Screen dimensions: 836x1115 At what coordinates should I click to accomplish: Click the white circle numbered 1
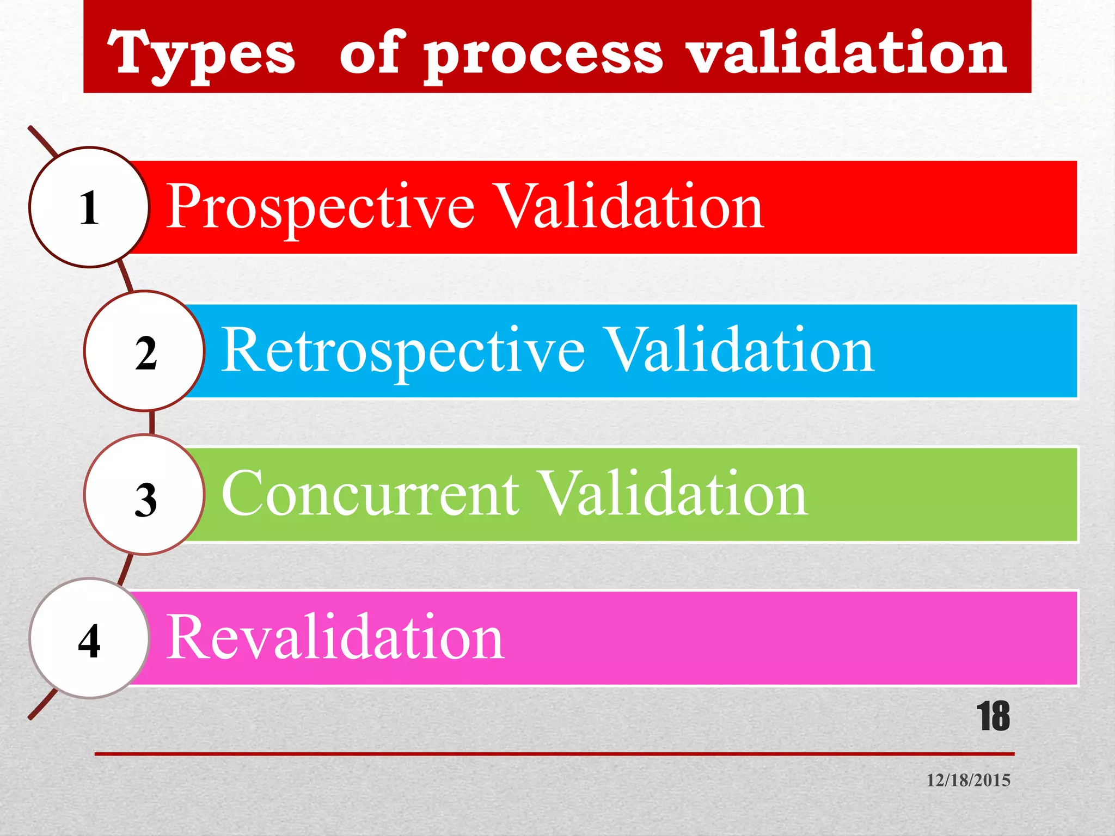tap(89, 207)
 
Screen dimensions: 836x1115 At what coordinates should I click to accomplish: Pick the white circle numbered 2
tap(145, 351)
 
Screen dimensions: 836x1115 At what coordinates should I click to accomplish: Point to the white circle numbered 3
tap(145, 495)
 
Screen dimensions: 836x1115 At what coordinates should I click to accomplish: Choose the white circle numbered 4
tap(89, 638)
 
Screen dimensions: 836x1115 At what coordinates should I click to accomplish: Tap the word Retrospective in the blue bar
tap(403, 351)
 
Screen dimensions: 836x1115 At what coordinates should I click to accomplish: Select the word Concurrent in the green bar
tap(370, 494)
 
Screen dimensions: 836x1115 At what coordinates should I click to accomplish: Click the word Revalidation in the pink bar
tap(335, 637)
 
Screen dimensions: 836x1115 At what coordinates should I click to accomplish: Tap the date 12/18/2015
tap(969, 780)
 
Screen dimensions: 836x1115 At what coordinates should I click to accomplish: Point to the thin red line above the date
tap(554, 754)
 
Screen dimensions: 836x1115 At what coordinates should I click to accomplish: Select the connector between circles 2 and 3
tap(152, 423)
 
